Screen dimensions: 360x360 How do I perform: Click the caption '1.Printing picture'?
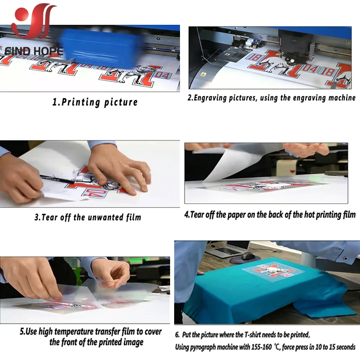coord(95,102)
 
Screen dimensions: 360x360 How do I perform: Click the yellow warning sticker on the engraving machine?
coord(202,74)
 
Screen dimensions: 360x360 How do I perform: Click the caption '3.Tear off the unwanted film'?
coord(88,217)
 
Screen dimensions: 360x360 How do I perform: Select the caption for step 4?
coord(270,215)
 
